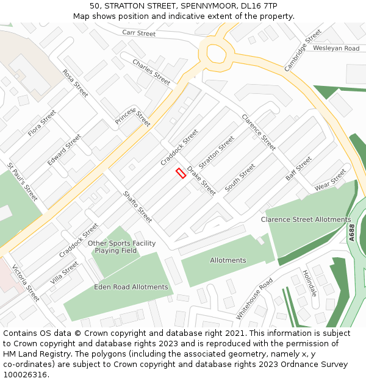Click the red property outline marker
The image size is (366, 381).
coord(181,173)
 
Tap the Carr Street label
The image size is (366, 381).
coord(139,33)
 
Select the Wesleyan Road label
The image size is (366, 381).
coord(336,48)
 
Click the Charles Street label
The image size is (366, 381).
coord(151,72)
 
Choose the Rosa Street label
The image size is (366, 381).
coord(75,83)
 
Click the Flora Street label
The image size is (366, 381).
coord(41,124)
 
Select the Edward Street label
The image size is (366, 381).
coord(64,151)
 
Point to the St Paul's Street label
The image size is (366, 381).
coord(23,182)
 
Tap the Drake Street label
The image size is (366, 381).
coord(201,180)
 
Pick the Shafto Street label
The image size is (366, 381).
coord(137,207)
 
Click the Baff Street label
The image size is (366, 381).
coord(299,169)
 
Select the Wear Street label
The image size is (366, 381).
coord(330,180)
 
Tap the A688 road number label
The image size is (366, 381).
coord(352,233)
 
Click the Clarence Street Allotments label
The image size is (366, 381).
coord(306,219)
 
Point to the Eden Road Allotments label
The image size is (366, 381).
coord(131,287)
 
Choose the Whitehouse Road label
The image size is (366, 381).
coord(254,299)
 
